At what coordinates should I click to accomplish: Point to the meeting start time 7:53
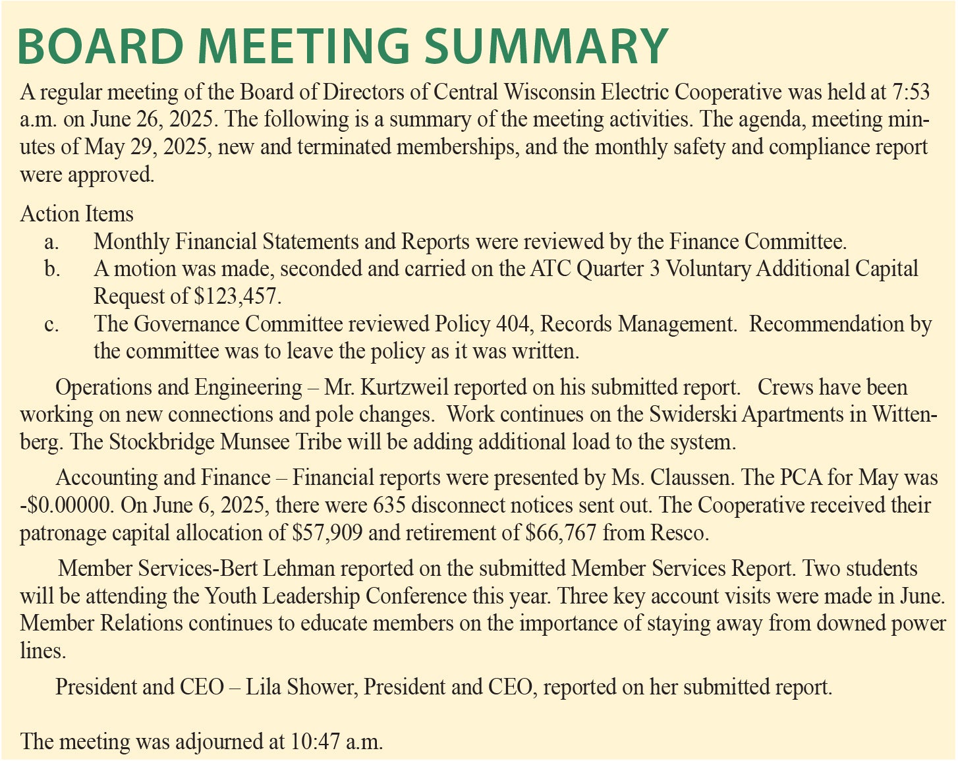pyautogui.click(x=911, y=92)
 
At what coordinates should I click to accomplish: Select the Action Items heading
pyautogui.click(x=77, y=214)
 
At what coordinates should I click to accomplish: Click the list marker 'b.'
pyautogui.click(x=52, y=269)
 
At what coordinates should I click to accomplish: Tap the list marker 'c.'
pyautogui.click(x=52, y=324)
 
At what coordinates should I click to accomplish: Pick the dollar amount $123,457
pyautogui.click(x=237, y=296)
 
